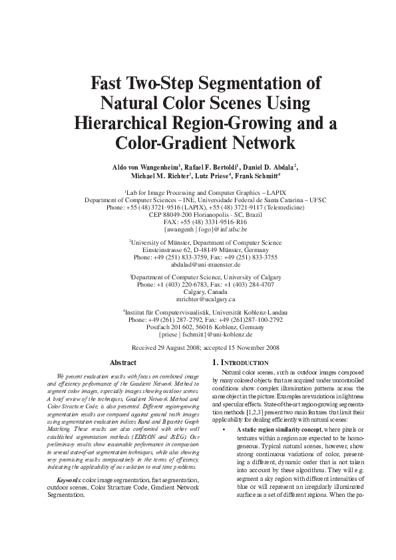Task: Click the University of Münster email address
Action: pyautogui.click(x=198, y=263)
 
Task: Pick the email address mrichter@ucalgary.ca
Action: pyautogui.click(x=198, y=299)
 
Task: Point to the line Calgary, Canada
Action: pyautogui.click(x=198, y=292)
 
